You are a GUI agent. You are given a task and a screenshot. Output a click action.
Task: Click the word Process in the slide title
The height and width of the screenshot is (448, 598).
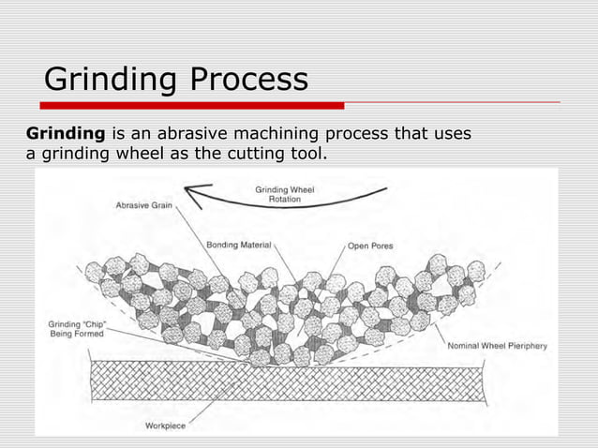point(248,79)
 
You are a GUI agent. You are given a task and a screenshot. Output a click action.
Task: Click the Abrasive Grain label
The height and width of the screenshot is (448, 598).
point(143,205)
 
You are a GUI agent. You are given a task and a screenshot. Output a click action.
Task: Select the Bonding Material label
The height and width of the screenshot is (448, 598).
point(239,245)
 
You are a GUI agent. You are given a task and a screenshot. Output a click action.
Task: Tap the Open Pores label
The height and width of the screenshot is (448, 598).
point(370,246)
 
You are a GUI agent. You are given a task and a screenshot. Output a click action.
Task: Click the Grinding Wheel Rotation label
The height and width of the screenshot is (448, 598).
point(284,194)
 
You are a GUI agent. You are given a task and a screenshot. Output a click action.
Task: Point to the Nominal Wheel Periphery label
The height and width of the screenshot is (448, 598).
point(497,346)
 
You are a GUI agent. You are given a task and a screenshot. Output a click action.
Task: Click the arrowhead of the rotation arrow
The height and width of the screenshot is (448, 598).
point(194,194)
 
